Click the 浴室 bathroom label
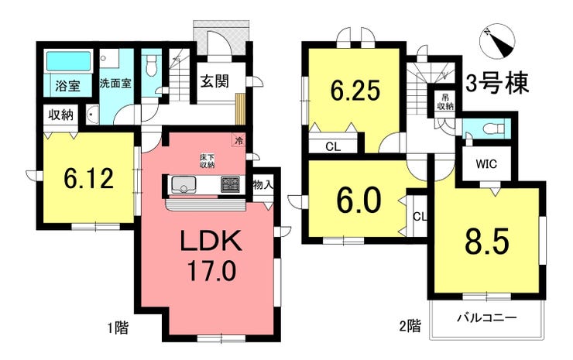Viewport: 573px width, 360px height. coord(67,86)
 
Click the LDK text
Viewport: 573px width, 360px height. coord(211,243)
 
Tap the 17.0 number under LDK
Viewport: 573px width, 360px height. coord(212,272)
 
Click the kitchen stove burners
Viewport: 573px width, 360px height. coord(231,186)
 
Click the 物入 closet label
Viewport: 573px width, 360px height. coord(263,185)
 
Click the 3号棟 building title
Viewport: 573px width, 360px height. coord(497,84)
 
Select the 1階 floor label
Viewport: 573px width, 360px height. coord(117,327)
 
